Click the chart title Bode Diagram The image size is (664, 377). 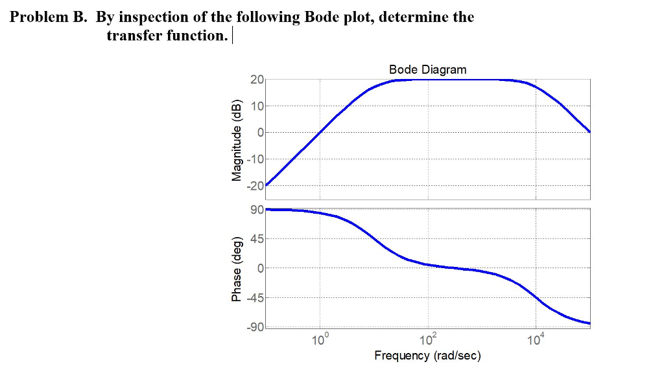click(x=427, y=69)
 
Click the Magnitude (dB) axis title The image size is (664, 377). click(x=237, y=141)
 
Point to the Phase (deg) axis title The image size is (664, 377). click(x=237, y=269)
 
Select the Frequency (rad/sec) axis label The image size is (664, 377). click(x=427, y=356)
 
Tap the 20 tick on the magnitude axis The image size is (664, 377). click(x=257, y=80)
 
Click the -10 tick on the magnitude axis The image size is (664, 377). click(x=255, y=159)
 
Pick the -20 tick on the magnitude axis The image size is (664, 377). click(x=255, y=186)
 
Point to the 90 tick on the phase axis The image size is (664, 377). click(x=257, y=210)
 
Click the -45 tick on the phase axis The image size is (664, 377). click(x=255, y=299)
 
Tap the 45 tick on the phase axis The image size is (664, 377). click(x=257, y=240)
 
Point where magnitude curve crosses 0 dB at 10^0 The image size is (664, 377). click(x=320, y=132)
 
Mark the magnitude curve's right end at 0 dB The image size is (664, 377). click(x=589, y=131)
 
